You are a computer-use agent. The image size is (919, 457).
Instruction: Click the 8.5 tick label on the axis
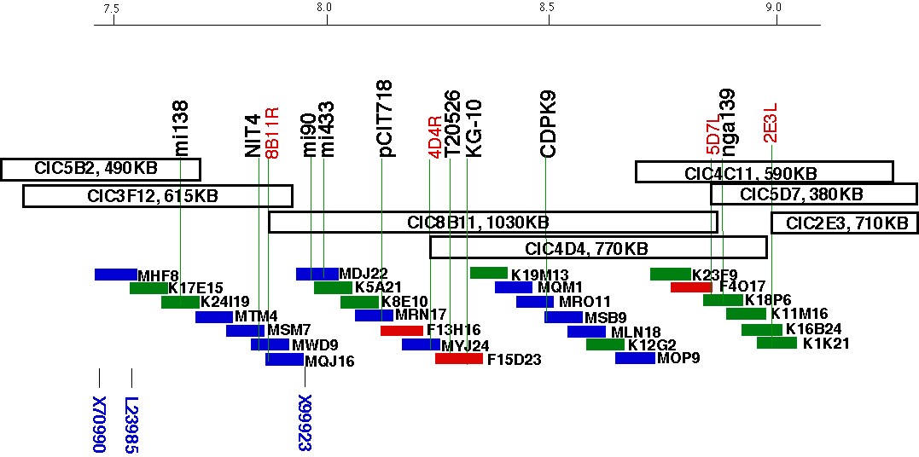(x=547, y=8)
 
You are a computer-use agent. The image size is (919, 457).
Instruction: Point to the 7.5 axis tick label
(x=110, y=8)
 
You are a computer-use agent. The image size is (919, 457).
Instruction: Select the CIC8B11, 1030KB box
(x=493, y=223)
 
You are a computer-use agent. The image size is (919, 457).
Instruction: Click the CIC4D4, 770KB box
(x=598, y=248)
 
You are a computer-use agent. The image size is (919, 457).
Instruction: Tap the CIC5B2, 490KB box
(x=101, y=169)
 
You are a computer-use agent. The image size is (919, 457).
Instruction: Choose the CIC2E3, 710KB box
(x=845, y=223)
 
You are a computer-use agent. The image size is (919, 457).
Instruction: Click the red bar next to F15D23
(x=458, y=359)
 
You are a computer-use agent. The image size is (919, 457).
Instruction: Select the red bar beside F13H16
(x=408, y=330)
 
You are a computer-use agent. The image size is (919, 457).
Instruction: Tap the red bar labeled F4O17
(x=691, y=287)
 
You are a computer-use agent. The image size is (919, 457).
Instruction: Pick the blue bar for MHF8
(x=116, y=274)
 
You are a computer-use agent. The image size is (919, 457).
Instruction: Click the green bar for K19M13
(x=489, y=273)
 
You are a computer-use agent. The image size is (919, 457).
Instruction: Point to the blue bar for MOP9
(x=635, y=358)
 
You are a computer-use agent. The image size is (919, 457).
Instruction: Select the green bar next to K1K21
(x=776, y=343)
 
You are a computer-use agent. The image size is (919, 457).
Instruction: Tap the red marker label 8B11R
(x=272, y=133)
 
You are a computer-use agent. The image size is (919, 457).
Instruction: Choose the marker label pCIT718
(x=386, y=119)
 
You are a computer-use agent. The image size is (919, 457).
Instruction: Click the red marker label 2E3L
(x=771, y=123)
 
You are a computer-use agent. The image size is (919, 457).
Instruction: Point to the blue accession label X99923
(x=305, y=424)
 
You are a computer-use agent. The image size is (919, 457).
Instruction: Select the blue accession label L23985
(x=131, y=424)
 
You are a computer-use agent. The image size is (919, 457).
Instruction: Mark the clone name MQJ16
(x=329, y=362)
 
